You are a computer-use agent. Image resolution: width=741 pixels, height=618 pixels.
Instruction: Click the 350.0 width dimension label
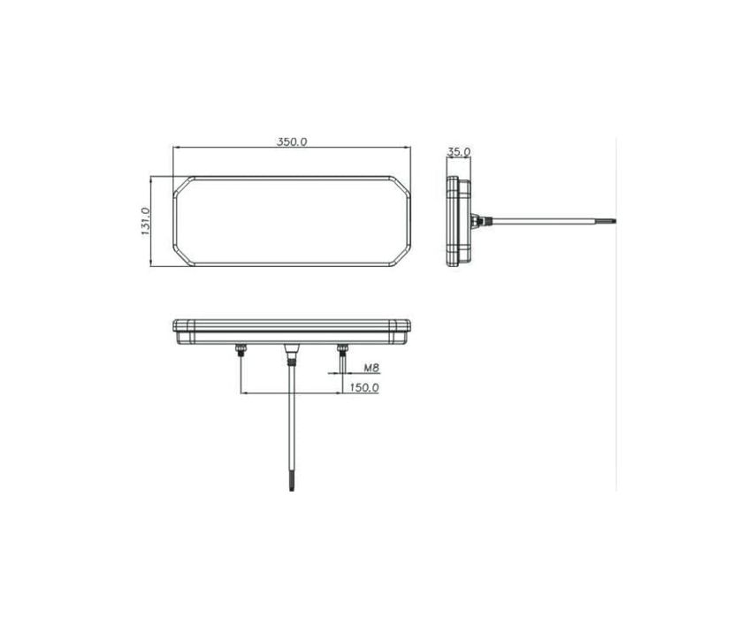pos(291,141)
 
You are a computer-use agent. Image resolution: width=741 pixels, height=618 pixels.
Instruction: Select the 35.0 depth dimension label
pos(458,152)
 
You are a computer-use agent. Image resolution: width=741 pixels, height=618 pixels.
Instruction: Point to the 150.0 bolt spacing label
pos(363,387)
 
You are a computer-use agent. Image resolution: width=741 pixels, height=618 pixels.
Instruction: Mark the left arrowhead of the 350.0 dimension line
pos(175,148)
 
